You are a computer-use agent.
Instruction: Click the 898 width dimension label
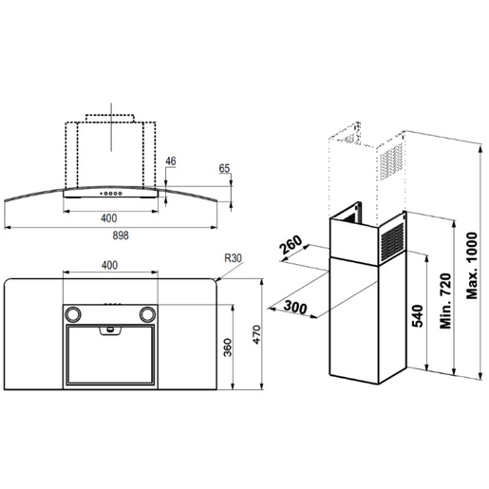pyautogui.click(x=121, y=235)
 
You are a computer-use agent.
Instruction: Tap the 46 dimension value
pyautogui.click(x=171, y=161)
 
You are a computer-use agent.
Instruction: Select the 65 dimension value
pyautogui.click(x=224, y=168)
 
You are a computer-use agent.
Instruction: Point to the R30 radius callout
pyautogui.click(x=233, y=258)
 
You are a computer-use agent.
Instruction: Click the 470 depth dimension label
pyautogui.click(x=256, y=334)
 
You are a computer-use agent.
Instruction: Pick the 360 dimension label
pyautogui.click(x=228, y=348)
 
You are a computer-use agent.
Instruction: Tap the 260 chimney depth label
pyautogui.click(x=292, y=245)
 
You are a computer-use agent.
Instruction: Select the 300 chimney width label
pyautogui.click(x=295, y=307)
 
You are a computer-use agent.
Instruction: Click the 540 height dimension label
pyautogui.click(x=417, y=316)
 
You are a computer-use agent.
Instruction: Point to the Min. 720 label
pyautogui.click(x=445, y=301)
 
